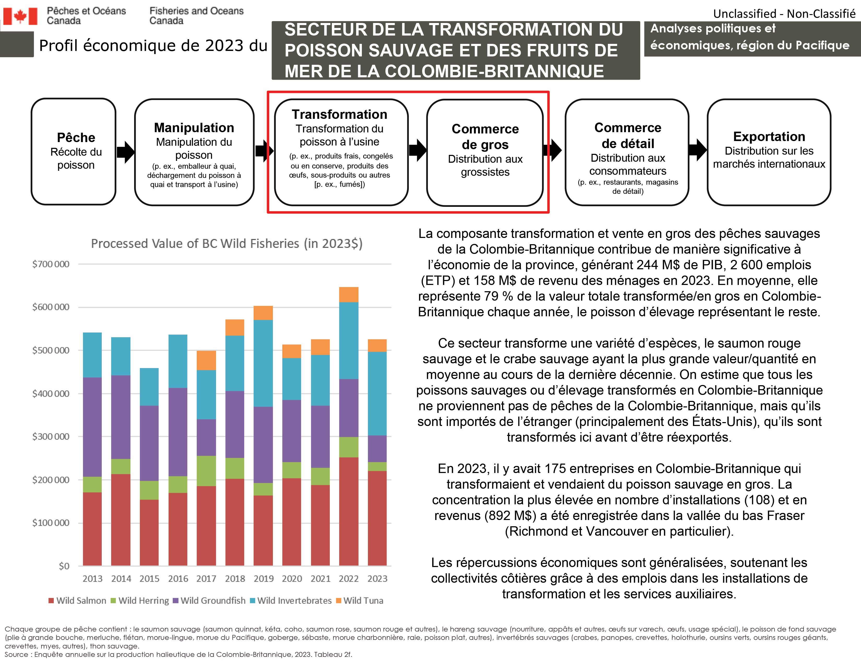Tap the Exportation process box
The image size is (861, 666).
[x=768, y=152]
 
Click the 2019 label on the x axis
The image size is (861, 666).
[x=263, y=579]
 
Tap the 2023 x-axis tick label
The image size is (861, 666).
[x=377, y=579]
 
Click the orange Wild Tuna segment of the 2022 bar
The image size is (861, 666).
[x=349, y=295]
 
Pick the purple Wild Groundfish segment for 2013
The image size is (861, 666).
[x=92, y=427]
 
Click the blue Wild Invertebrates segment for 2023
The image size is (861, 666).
[x=377, y=393]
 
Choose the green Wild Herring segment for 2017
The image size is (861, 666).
[x=206, y=471]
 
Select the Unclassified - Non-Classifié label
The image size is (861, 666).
[x=784, y=14]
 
